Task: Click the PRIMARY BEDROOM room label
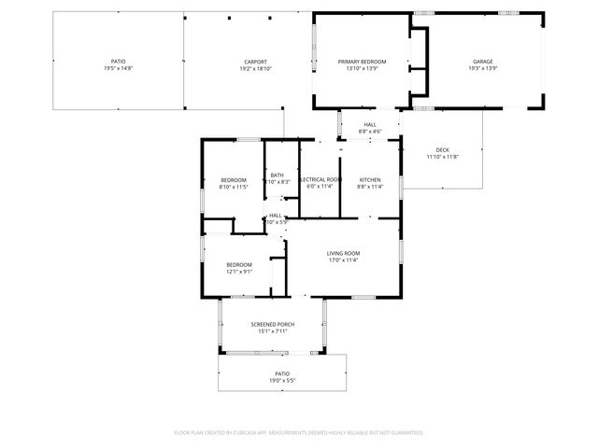[362, 62]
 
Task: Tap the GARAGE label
[482, 62]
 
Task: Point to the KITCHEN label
[370, 179]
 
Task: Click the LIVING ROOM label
[343, 253]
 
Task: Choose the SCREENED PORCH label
[272, 324]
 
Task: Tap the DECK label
[442, 150]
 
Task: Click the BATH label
[278, 175]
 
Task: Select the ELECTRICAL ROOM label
[320, 179]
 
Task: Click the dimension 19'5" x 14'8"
[118, 69]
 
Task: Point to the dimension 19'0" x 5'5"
[282, 380]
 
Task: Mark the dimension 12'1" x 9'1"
[239, 272]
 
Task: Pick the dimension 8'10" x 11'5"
[234, 187]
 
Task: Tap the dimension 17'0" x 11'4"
[343, 260]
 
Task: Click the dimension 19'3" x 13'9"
[482, 69]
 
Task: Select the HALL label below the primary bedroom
[370, 124]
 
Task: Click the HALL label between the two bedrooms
[276, 215]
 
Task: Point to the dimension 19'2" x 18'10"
[255, 69]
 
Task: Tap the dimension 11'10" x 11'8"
[442, 157]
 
